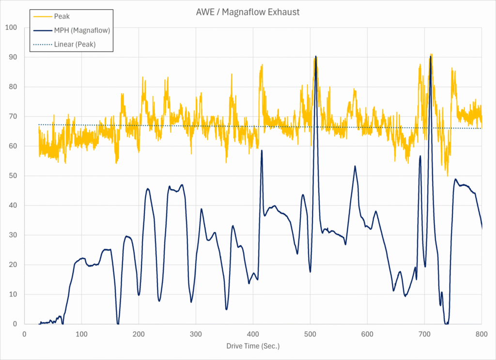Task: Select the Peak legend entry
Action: click(x=62, y=16)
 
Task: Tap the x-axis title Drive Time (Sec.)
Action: click(x=253, y=346)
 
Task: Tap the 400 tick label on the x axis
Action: click(x=253, y=334)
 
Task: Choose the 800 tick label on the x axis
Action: click(x=481, y=334)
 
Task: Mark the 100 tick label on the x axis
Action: click(x=81, y=334)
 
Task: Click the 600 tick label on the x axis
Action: click(x=367, y=334)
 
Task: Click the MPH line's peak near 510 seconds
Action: click(x=316, y=56)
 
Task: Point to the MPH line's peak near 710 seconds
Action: click(x=430, y=56)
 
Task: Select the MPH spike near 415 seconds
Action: click(x=262, y=150)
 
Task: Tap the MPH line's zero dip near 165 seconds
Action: click(x=118, y=324)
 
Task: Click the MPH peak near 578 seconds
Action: click(x=355, y=166)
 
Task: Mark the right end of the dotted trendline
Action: click(x=481, y=128)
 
